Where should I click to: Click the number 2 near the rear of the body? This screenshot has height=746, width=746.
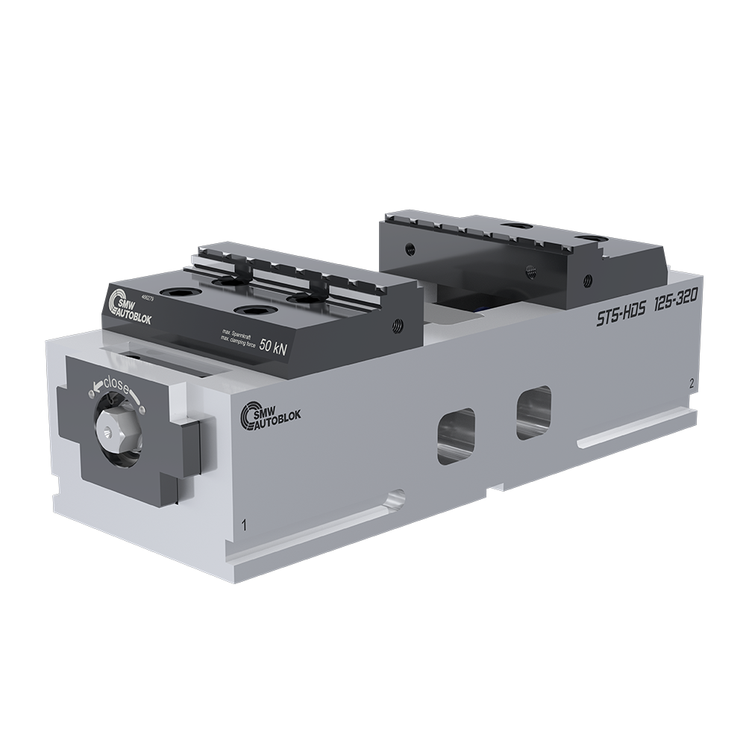pyautogui.click(x=693, y=383)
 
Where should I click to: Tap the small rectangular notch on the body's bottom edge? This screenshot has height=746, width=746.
pyautogui.click(x=491, y=491)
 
